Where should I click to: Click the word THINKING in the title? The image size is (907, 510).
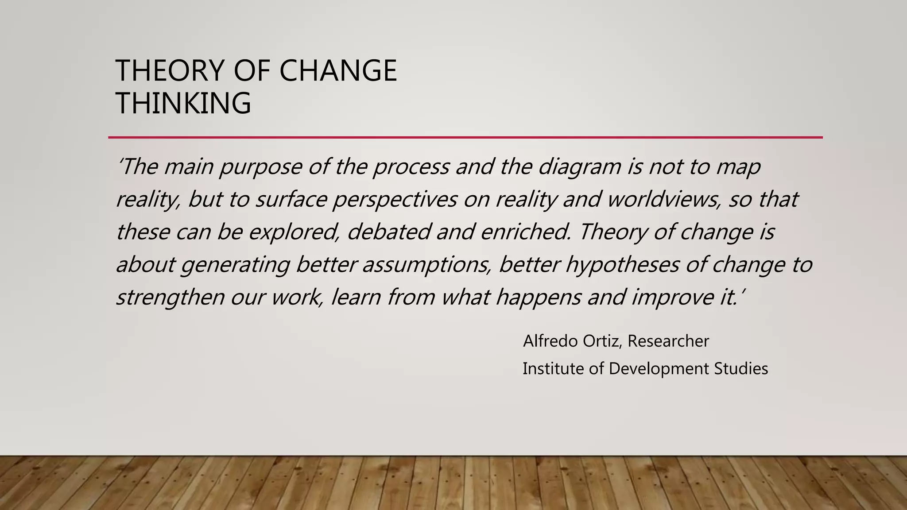click(183, 103)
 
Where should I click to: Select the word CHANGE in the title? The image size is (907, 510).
click(338, 71)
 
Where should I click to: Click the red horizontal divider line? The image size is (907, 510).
click(465, 138)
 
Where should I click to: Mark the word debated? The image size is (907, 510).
click(388, 232)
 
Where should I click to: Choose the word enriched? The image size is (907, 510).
click(525, 232)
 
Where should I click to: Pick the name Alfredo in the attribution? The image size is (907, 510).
click(550, 341)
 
